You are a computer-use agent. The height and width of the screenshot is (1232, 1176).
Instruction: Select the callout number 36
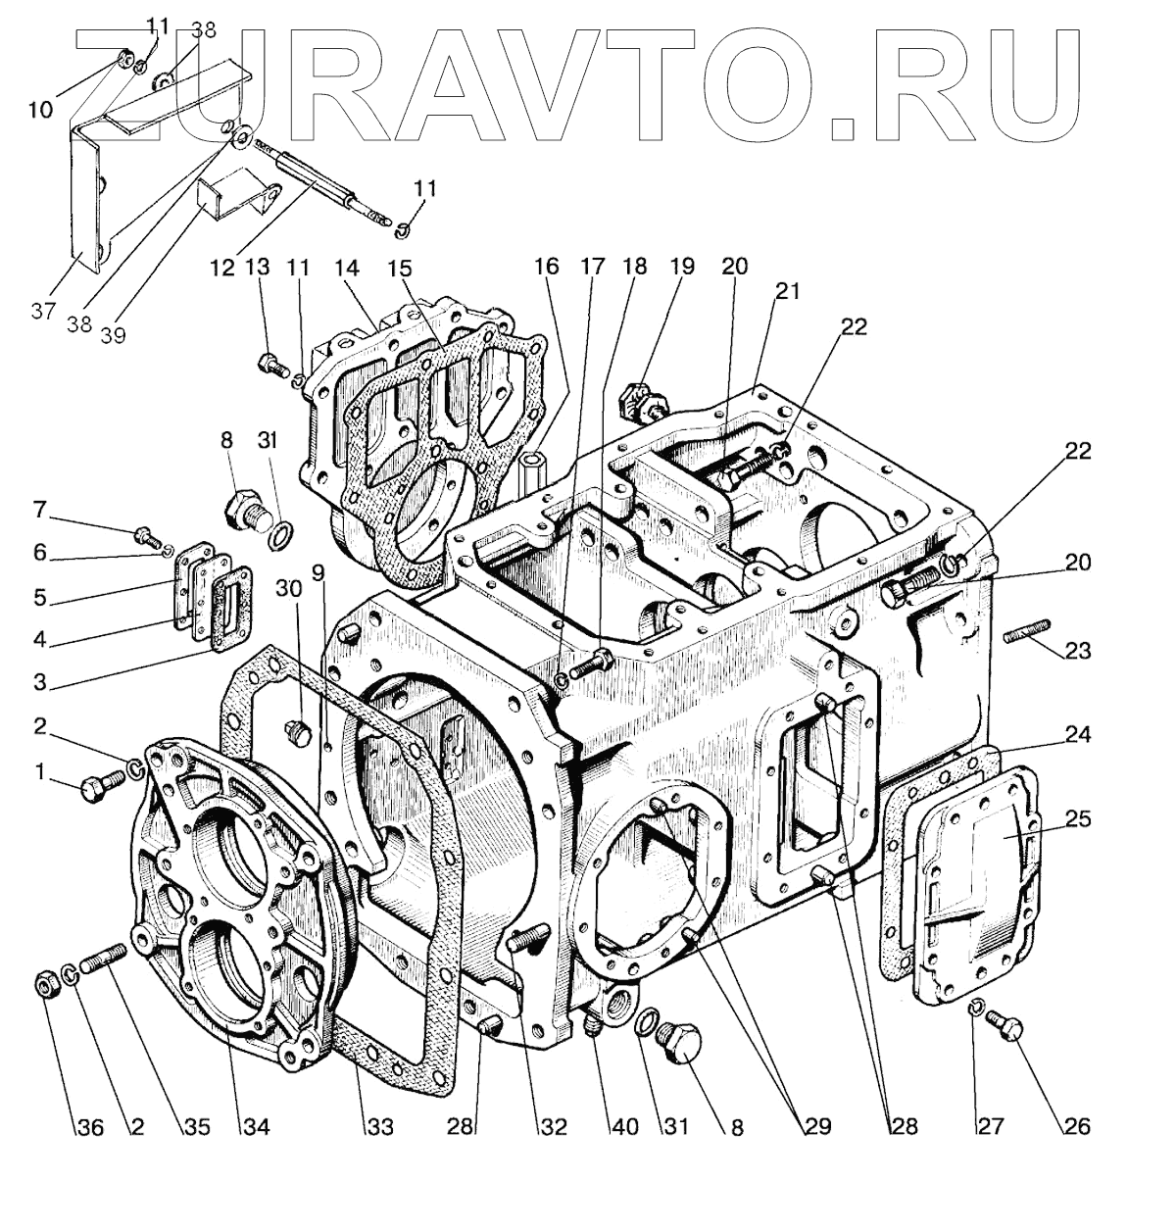tap(89, 1127)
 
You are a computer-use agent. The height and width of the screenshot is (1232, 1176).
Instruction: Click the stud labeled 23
tap(1027, 632)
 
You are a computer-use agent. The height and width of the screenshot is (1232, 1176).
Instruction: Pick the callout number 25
tap(1078, 818)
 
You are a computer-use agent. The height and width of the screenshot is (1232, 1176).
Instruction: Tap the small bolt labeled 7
tap(146, 536)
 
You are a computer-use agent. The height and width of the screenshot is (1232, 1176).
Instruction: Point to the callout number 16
tap(546, 266)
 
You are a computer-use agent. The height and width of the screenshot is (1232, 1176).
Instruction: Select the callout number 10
tap(40, 110)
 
